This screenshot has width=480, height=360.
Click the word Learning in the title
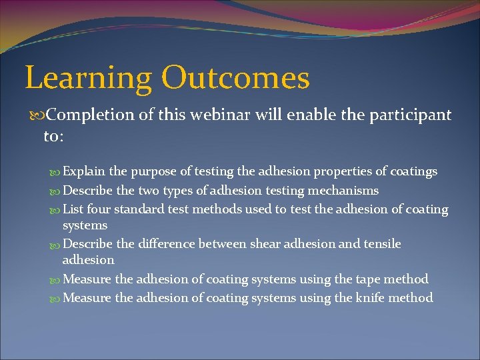point(88,79)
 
